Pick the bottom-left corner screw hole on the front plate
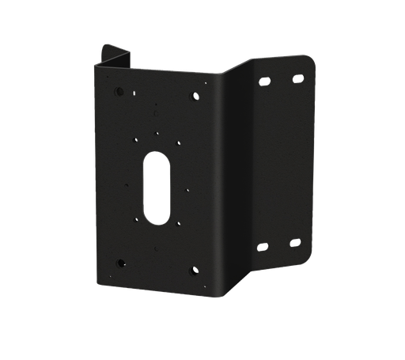point(121,262)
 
